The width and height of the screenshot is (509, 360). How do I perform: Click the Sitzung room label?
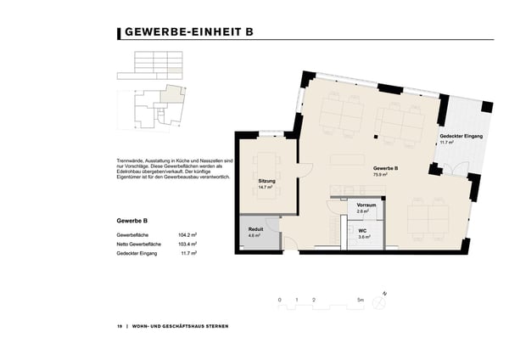pyautogui.click(x=266, y=181)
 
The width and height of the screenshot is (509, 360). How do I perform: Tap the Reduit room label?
pyautogui.click(x=255, y=229)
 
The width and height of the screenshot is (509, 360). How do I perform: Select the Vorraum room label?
pyautogui.click(x=366, y=205)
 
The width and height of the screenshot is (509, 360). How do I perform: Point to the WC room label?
pyautogui.click(x=362, y=230)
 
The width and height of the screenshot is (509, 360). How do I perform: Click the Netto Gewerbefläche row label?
pyautogui.click(x=140, y=244)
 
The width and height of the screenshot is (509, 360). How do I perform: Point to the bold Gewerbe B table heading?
pyautogui.click(x=132, y=220)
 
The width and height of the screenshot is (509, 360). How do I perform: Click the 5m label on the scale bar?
pyautogui.click(x=361, y=301)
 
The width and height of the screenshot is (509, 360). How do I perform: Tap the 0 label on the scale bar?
pyautogui.click(x=279, y=301)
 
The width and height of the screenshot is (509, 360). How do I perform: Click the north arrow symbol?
pyautogui.click(x=385, y=294)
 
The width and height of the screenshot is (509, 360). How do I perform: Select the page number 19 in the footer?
pyautogui.click(x=120, y=326)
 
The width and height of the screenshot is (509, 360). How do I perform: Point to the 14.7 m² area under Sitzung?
pyautogui.click(x=266, y=187)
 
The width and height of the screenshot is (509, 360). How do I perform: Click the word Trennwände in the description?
pyautogui.click(x=131, y=160)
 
